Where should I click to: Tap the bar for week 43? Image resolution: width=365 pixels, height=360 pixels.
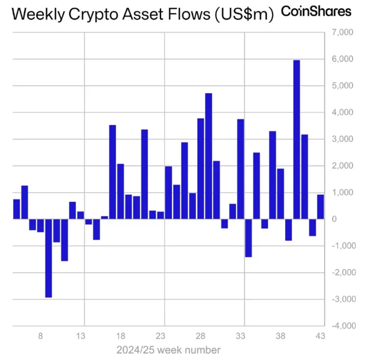point(321,207)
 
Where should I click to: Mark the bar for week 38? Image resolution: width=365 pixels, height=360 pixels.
point(281,194)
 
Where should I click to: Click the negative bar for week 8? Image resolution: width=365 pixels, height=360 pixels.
point(41,226)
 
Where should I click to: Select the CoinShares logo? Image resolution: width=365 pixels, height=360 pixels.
point(316,11)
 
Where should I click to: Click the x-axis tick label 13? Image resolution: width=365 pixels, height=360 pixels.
point(81,336)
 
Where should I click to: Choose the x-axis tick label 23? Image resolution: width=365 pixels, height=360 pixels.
point(161,336)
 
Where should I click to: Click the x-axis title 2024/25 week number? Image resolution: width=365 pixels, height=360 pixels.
point(169,350)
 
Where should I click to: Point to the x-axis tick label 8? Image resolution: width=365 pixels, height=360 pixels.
point(40,336)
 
